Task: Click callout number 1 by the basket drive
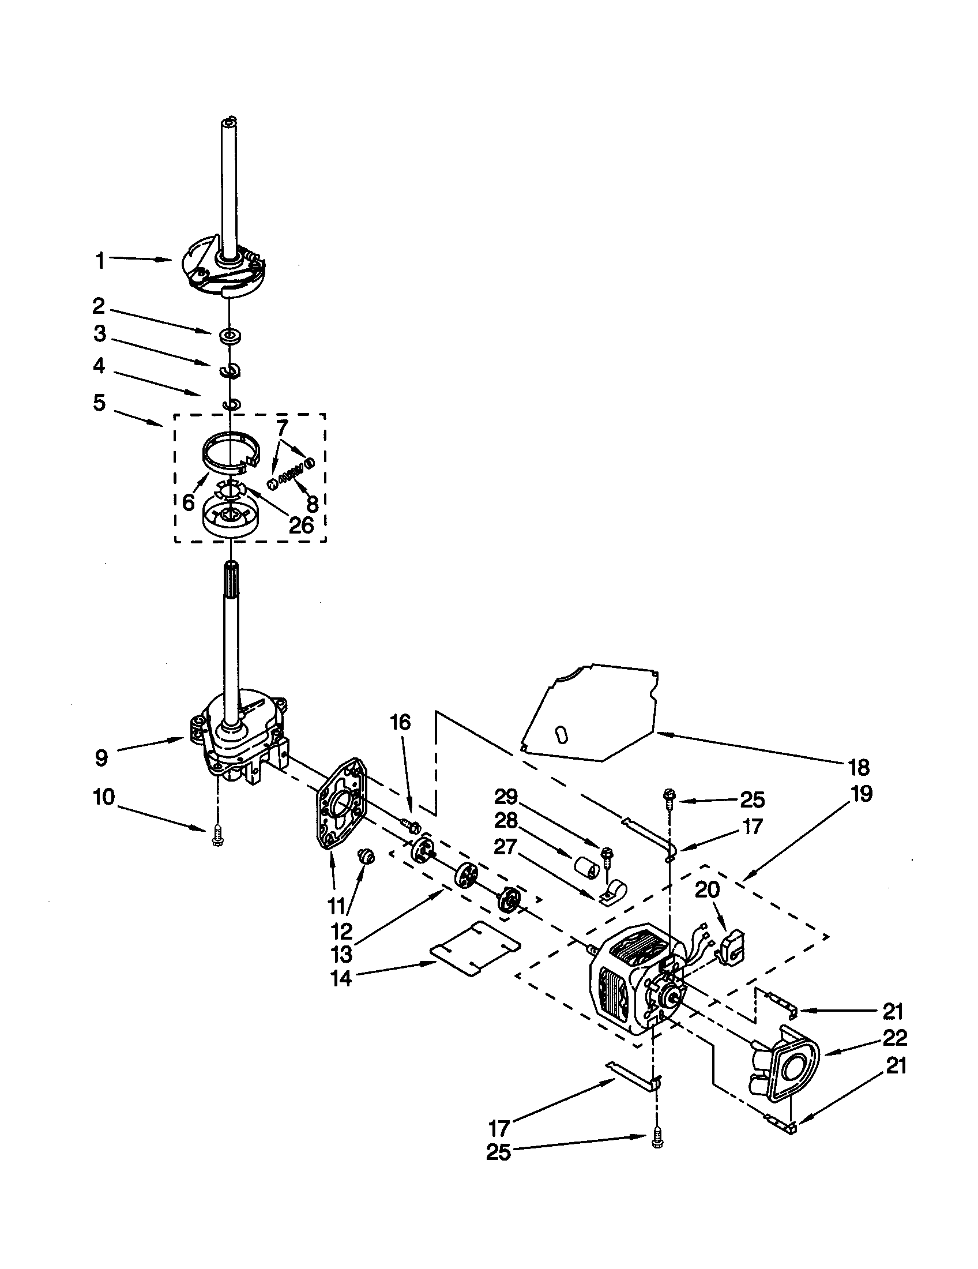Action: point(100,261)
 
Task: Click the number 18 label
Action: point(859,767)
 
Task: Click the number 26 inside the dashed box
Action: point(301,525)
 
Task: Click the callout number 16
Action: point(400,722)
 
